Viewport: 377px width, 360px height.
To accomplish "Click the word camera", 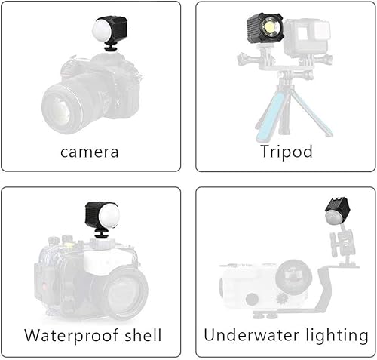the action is pyautogui.click(x=90, y=152).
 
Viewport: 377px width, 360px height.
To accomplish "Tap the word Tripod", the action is pyautogui.click(x=287, y=152).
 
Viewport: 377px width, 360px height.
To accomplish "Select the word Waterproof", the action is pyautogui.click(x=71, y=336).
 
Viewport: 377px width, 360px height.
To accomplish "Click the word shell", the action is pyautogui.click(x=143, y=334).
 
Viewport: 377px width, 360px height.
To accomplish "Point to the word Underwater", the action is pyautogui.click(x=252, y=335).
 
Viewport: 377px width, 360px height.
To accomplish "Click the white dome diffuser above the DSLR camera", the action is pyautogui.click(x=102, y=31).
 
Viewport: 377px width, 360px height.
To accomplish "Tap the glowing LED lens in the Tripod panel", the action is pyautogui.click(x=270, y=26).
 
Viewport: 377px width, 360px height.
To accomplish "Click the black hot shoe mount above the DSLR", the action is pyautogui.click(x=109, y=48).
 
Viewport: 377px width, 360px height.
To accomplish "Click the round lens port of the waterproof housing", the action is pyautogui.click(x=124, y=294).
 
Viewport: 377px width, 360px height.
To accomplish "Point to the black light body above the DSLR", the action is pyautogui.click(x=115, y=29).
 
